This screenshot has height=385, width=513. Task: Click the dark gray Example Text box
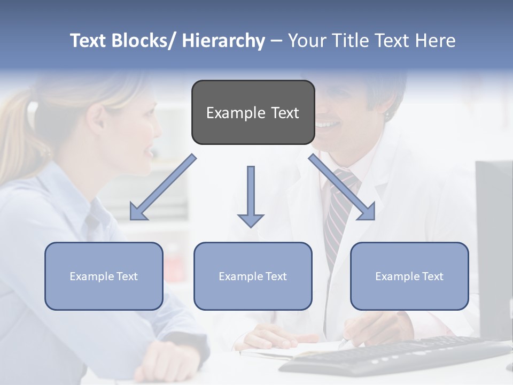point(253,112)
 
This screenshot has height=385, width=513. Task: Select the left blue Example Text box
point(104,276)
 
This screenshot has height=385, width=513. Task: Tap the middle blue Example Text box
point(253,276)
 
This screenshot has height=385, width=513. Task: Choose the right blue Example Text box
point(409,276)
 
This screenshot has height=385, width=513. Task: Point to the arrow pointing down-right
point(342,188)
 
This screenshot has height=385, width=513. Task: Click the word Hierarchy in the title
point(223,41)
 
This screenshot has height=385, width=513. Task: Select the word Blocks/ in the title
point(143,41)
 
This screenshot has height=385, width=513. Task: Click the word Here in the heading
point(436,41)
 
